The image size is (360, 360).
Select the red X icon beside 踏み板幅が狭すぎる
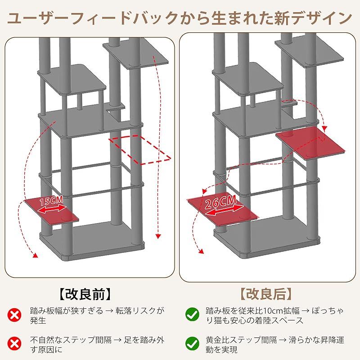pyautogui.click(x=15, y=314)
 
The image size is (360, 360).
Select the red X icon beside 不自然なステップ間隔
pyautogui.click(x=15, y=344)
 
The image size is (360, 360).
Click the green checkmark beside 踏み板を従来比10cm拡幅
pyautogui.click(x=193, y=314)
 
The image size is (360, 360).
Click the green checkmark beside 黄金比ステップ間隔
pyautogui.click(x=193, y=344)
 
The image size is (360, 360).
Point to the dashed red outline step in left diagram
pyautogui.click(x=140, y=148)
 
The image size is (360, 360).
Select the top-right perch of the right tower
pyautogui.click(x=310, y=53)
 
